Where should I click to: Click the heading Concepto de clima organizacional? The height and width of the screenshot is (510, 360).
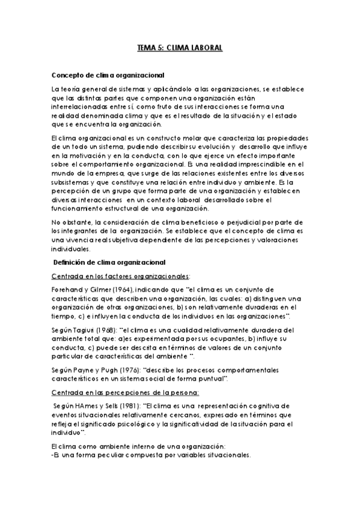click(108, 75)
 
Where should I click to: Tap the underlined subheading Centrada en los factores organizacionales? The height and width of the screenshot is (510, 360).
click(120, 275)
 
